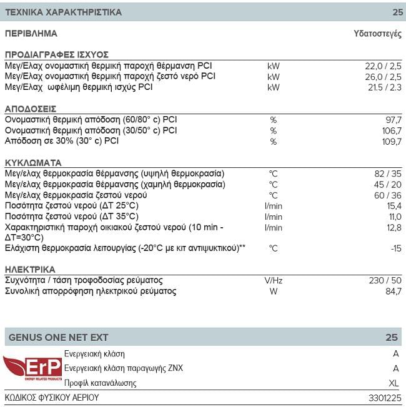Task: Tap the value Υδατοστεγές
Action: [x=378, y=34]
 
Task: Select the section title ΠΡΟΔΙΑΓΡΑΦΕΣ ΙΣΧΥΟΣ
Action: [x=57, y=54]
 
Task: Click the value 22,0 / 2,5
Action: [x=382, y=66]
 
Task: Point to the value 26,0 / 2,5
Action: [x=382, y=76]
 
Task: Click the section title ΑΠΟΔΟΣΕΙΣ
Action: [x=31, y=108]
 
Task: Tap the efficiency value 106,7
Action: [x=390, y=130]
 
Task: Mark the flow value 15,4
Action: [x=393, y=205]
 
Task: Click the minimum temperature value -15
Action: [x=395, y=248]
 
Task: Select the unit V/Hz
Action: [x=273, y=280]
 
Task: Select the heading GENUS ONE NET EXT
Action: [x=58, y=337]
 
